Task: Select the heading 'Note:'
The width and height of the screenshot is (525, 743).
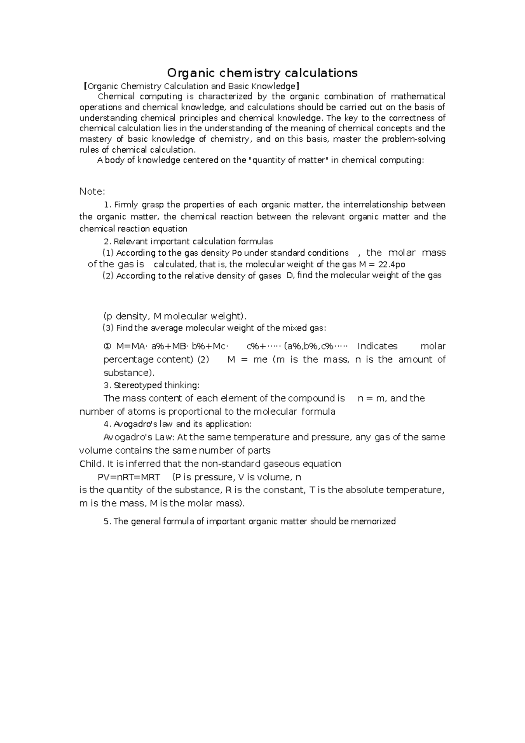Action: pos(92,192)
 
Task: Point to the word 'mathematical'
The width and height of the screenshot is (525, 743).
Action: pos(418,96)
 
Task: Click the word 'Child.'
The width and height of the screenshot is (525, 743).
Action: pos(91,464)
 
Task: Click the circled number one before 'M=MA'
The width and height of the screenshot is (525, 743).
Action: pos(107,346)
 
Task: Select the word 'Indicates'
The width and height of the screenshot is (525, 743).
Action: pos(378,346)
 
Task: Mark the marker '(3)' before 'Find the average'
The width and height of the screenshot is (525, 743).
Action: pos(108,328)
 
